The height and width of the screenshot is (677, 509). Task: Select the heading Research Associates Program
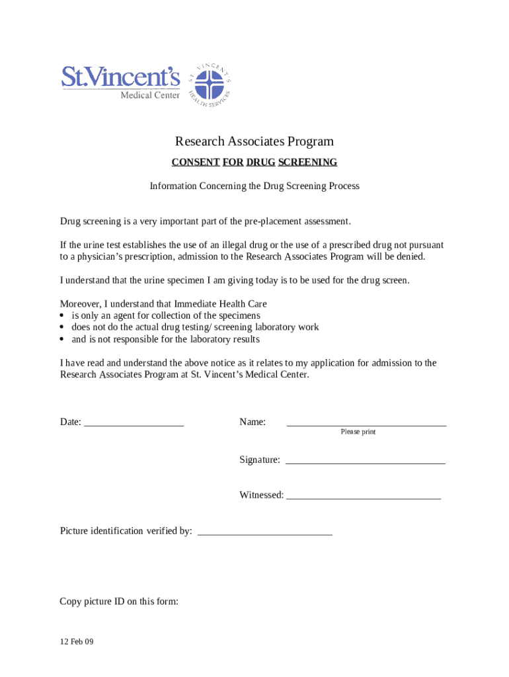(254, 141)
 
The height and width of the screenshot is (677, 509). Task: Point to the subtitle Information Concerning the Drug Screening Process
(254, 186)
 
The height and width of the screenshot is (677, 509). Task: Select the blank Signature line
(365, 461)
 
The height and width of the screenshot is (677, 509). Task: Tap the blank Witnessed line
(364, 496)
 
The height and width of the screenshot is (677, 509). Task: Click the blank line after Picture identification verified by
(265, 532)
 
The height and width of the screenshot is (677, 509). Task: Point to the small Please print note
(358, 432)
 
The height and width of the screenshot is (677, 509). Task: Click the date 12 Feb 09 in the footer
(77, 641)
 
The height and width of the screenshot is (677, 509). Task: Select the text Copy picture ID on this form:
(119, 602)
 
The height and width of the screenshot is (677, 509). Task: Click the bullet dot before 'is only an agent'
(63, 316)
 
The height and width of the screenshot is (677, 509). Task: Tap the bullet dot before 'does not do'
(63, 328)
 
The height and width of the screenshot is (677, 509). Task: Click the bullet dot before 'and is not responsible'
(63, 340)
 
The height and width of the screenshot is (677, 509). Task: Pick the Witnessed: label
(261, 495)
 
